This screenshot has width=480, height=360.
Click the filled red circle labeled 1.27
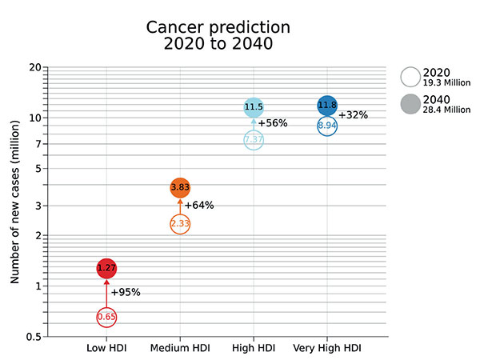[106, 268]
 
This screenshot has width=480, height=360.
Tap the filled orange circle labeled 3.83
[180, 187]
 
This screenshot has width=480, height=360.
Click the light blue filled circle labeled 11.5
[254, 107]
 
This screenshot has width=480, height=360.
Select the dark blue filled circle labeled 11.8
[327, 106]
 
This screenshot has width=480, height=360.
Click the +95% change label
[126, 292]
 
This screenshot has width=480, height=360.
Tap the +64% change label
[199, 205]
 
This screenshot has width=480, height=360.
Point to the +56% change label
[273, 123]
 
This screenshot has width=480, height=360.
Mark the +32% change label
[353, 114]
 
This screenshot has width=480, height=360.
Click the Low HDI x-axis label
[106, 348]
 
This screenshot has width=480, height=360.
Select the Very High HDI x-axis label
[327, 348]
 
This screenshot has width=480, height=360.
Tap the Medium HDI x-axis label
[180, 348]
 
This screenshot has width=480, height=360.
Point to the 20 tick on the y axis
[35, 67]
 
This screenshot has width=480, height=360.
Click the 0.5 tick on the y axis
[34, 337]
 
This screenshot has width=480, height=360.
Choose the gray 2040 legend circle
[410, 104]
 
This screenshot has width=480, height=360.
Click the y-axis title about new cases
[14, 202]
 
